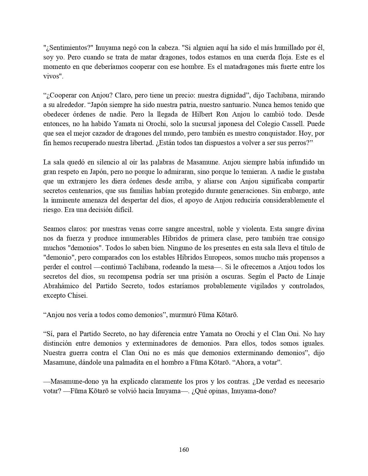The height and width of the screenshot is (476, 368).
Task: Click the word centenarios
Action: tap(84, 190)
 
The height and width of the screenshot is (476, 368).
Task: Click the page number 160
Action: tap(184, 449)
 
